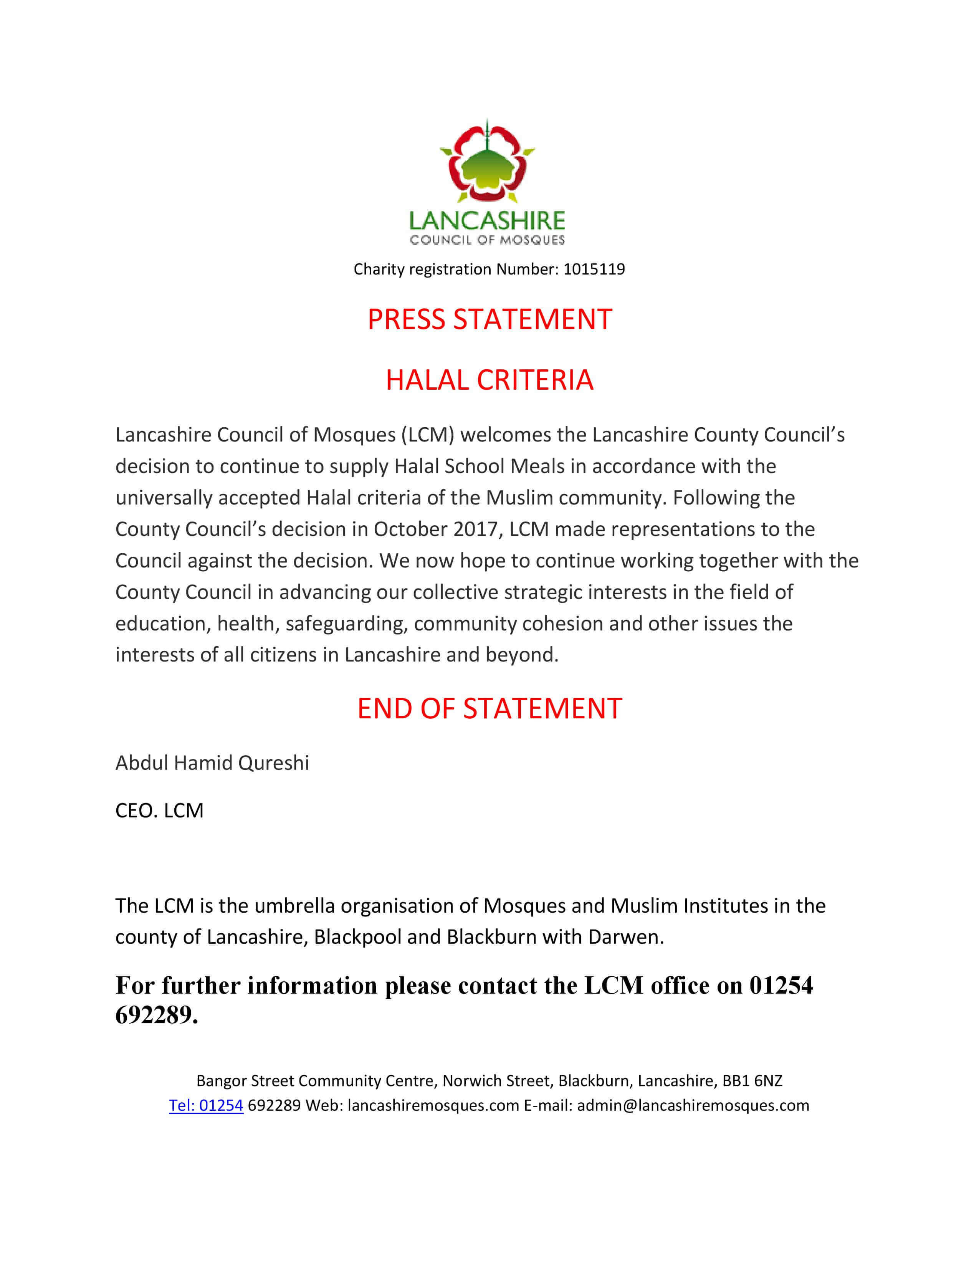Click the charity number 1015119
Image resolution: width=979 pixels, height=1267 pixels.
click(x=594, y=269)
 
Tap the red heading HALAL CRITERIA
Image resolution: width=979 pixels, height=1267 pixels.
click(x=489, y=380)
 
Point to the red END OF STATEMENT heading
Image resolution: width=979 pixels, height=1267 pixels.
click(x=489, y=708)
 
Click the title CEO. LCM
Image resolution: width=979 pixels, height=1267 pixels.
click(x=159, y=810)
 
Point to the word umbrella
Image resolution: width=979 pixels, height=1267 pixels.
click(x=294, y=906)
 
